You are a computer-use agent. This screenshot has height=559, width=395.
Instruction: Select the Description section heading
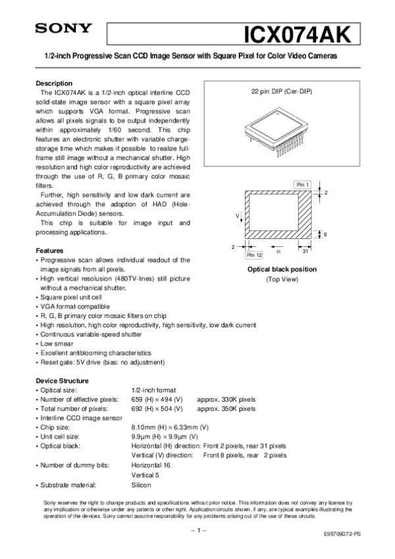pos(54,84)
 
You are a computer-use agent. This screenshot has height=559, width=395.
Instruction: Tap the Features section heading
pos(49,251)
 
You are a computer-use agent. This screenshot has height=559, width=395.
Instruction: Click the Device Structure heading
pos(61,381)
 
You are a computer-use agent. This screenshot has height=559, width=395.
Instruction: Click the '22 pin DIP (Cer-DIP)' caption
pos(282,91)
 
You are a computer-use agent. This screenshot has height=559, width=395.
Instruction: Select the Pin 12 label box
pos(253,254)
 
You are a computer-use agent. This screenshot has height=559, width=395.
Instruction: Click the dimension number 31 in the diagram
pos(305,252)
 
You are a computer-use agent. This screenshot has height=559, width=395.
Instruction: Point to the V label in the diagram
pos(236,216)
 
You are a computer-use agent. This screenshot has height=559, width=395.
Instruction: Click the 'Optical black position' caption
pos(282,269)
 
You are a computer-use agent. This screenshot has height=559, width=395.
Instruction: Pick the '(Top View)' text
pos(282,279)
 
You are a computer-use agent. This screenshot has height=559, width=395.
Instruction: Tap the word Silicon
pos(142,485)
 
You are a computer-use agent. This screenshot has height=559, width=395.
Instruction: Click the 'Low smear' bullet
pos(57,344)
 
